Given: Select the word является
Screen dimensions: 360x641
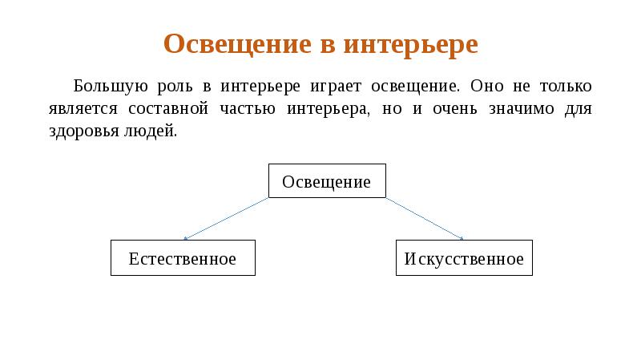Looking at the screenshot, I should tap(75, 108).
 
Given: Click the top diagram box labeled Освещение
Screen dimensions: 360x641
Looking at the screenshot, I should tap(327, 181).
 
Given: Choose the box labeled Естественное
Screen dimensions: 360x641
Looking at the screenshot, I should tap(183, 258).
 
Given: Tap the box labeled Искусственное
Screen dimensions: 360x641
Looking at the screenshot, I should tap(464, 258).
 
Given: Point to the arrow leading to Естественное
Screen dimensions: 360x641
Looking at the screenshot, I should tap(226, 218).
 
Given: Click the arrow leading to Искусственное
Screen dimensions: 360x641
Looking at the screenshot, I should tap(425, 218).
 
